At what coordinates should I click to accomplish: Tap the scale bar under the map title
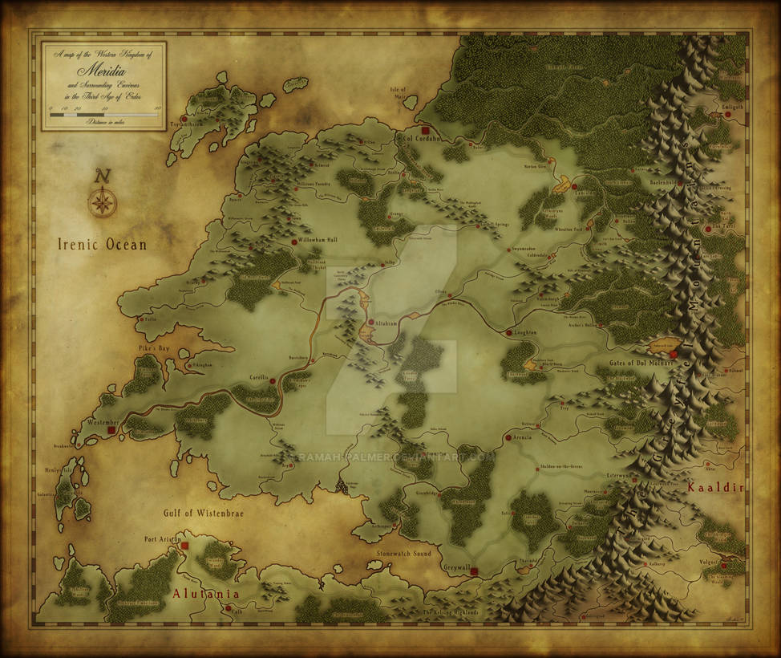pyautogui.click(x=104, y=115)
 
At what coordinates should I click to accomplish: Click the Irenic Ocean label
pyautogui.click(x=102, y=245)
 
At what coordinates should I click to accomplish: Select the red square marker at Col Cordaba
pyautogui.click(x=426, y=130)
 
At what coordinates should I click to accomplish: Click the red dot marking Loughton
pyautogui.click(x=508, y=332)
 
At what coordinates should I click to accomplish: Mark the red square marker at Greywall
pyautogui.click(x=474, y=572)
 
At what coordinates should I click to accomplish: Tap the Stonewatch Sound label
pyautogui.click(x=403, y=554)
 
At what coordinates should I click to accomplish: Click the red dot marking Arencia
pyautogui.click(x=507, y=437)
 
